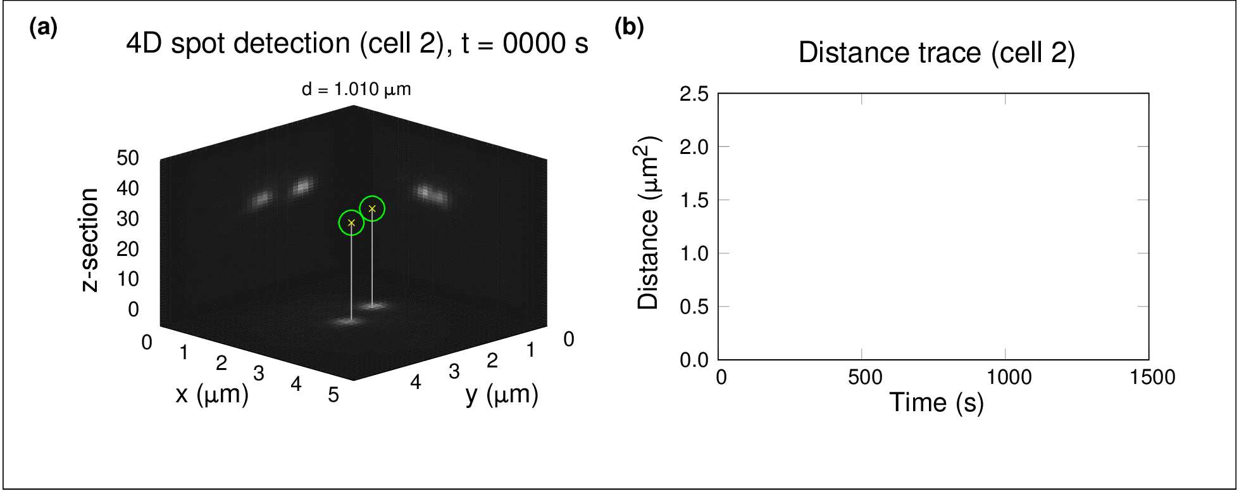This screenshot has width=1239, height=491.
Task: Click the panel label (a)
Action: [x=44, y=28]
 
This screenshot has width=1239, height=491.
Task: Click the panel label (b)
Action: [x=629, y=28]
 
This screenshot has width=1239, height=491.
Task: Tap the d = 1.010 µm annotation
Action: [x=356, y=89]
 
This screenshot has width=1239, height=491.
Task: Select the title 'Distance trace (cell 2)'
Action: [x=937, y=53]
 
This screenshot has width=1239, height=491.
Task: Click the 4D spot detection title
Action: [x=357, y=44]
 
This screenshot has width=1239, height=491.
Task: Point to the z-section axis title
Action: [x=90, y=239]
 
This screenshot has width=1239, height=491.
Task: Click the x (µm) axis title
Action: [x=212, y=394]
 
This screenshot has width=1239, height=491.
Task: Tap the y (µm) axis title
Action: [x=502, y=394]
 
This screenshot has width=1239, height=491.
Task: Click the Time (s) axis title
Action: [x=937, y=402]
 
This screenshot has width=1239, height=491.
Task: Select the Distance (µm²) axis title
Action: [x=649, y=223]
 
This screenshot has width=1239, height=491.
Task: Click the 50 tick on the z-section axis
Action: [x=128, y=158]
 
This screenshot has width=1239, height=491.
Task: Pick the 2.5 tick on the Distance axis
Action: [x=694, y=94]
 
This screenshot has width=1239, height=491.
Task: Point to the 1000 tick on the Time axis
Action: [x=1009, y=378]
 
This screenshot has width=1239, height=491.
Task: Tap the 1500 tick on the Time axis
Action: [x=1152, y=378]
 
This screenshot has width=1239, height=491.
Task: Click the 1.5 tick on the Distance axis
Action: [x=694, y=200]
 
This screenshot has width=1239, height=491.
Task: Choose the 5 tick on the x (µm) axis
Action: [x=333, y=395]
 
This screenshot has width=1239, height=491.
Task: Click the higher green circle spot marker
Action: [x=372, y=208]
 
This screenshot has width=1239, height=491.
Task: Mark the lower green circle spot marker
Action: [x=351, y=223]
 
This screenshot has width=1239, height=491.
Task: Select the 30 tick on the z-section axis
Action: [x=128, y=219]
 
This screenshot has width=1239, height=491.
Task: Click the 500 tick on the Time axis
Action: [x=865, y=378]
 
